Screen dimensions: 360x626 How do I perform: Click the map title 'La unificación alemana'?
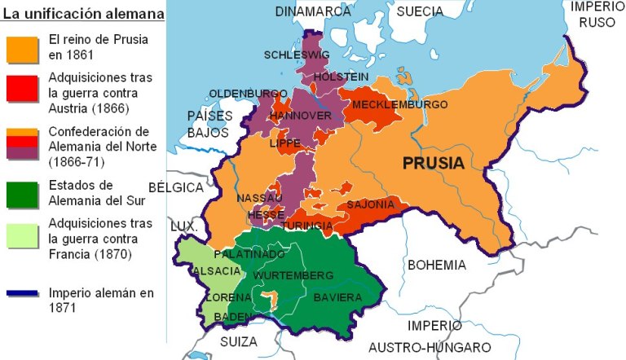tap(83, 14)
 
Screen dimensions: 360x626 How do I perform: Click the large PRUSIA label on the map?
tap(434, 162)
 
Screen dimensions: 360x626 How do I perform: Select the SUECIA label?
tap(420, 11)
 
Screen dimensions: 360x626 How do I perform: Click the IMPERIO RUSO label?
tap(597, 14)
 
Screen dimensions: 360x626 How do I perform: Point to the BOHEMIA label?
tap(437, 266)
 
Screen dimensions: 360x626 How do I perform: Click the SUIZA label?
tap(238, 341)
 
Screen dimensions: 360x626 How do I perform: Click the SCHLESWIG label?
tap(297, 55)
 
